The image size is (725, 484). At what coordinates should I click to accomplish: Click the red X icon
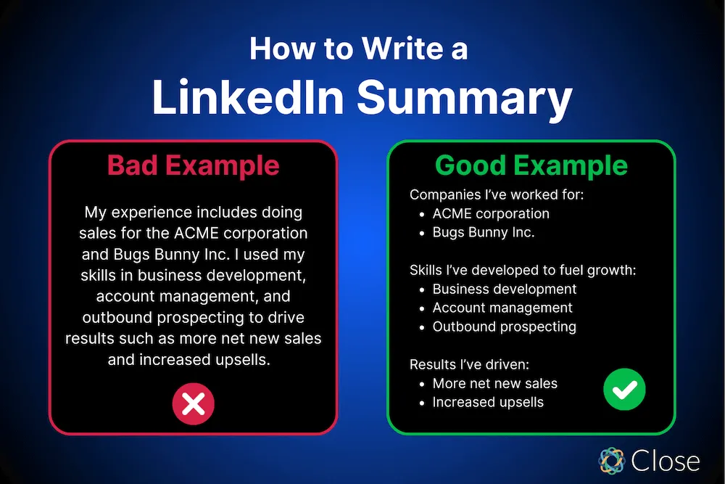point(193,404)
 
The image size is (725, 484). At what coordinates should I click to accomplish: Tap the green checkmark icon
point(624,392)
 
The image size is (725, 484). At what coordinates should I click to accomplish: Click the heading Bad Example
point(193,165)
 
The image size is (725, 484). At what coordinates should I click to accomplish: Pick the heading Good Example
point(531,165)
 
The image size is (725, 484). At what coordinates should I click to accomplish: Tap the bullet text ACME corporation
point(491,214)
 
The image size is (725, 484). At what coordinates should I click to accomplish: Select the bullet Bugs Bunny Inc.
point(483,233)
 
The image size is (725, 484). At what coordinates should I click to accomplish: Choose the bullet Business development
point(505,289)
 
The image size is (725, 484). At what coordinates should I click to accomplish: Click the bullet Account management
point(502,308)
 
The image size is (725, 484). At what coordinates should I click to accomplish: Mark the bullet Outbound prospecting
point(504,327)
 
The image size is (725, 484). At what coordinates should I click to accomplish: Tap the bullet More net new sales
point(494,383)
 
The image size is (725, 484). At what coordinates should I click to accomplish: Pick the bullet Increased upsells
point(488,402)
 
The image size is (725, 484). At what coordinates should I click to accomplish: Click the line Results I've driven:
point(465,364)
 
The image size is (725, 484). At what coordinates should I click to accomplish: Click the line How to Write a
point(359,49)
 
